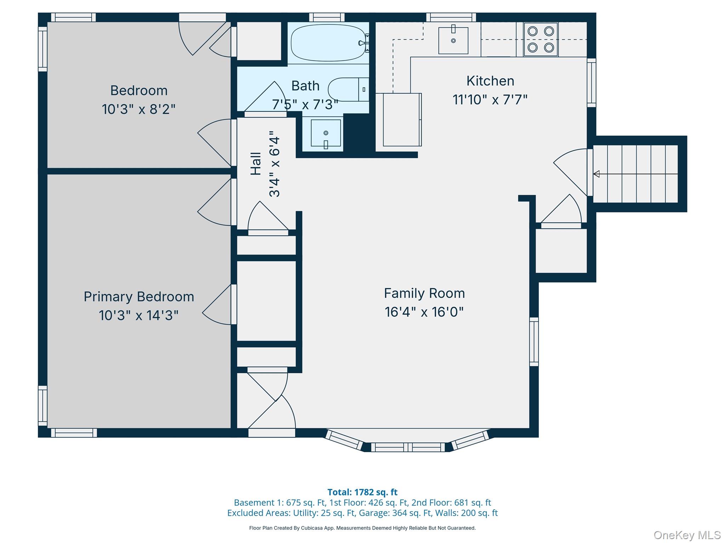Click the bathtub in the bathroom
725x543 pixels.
328,43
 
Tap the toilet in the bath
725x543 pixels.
348,89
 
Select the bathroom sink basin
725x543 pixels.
326,133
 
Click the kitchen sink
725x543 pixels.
453,41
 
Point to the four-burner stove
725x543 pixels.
541,39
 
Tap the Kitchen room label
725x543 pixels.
490,81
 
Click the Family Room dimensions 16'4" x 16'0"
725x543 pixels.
424,312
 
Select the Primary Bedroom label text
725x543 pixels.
139,297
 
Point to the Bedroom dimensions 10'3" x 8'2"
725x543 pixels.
139,109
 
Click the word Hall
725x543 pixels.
256,164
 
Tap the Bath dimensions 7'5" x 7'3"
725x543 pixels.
305,105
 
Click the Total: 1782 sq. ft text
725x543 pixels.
362,492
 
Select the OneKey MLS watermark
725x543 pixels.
687,535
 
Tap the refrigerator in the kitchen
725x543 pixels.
402,119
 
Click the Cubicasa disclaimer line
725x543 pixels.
362,528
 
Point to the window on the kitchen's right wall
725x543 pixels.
592,83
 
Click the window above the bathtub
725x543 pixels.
327,17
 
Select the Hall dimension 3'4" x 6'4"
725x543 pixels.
274,164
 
